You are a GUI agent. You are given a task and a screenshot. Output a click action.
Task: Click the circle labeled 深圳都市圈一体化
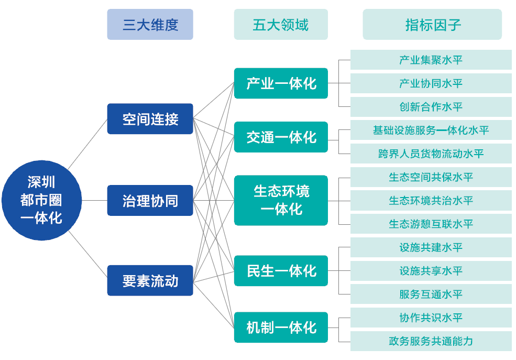point(41,200)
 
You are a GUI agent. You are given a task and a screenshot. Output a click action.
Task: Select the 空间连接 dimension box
point(150,119)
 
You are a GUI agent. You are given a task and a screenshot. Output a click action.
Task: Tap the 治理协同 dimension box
point(150,200)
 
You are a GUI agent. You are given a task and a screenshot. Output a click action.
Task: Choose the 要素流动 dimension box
point(150,280)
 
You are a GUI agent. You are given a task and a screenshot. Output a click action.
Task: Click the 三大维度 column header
point(150,25)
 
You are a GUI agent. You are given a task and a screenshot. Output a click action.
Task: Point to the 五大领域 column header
point(281,25)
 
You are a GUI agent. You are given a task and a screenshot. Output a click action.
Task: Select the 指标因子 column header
point(432,25)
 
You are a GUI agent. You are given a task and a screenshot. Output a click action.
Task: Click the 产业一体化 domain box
point(281,83)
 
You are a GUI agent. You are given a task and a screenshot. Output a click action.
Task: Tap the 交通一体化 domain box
point(281,137)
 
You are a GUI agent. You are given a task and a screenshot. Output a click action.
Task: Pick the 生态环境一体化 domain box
point(281,200)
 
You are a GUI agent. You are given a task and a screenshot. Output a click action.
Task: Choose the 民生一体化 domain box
point(281,270)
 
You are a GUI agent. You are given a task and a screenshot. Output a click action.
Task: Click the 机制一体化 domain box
point(281,328)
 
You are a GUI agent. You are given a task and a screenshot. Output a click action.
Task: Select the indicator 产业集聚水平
point(431,60)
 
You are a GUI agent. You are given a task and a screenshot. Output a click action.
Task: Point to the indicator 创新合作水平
point(431,107)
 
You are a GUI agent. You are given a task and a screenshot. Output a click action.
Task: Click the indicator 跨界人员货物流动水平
point(431,154)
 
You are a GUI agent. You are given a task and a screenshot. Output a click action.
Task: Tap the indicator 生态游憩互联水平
point(431,224)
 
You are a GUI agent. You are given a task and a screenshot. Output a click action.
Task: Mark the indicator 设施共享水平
point(431,271)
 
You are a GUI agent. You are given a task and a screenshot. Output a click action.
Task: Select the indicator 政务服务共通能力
point(431,341)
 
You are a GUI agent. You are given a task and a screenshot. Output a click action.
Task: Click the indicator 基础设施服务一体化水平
point(431,130)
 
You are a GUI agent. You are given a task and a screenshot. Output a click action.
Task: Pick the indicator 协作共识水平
point(431,318)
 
